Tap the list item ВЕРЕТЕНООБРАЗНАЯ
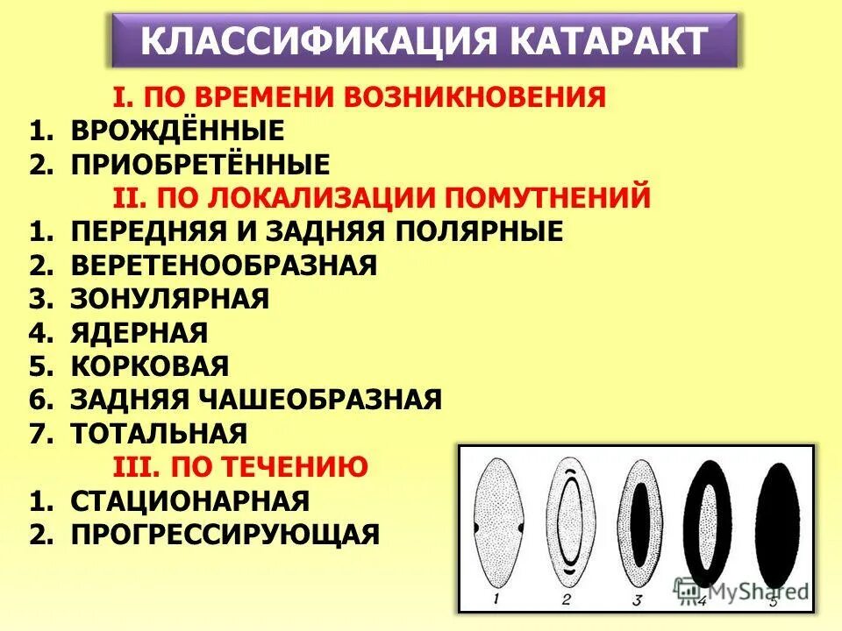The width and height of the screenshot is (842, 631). [224, 265]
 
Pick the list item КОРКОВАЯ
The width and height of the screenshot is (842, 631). [149, 365]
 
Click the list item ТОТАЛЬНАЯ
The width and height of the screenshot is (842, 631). [159, 433]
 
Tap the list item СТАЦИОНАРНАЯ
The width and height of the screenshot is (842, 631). [189, 500]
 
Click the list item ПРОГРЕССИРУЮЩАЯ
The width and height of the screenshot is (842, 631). [225, 534]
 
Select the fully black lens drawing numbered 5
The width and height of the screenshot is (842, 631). [773, 521]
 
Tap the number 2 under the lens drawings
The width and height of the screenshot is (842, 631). [566, 599]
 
